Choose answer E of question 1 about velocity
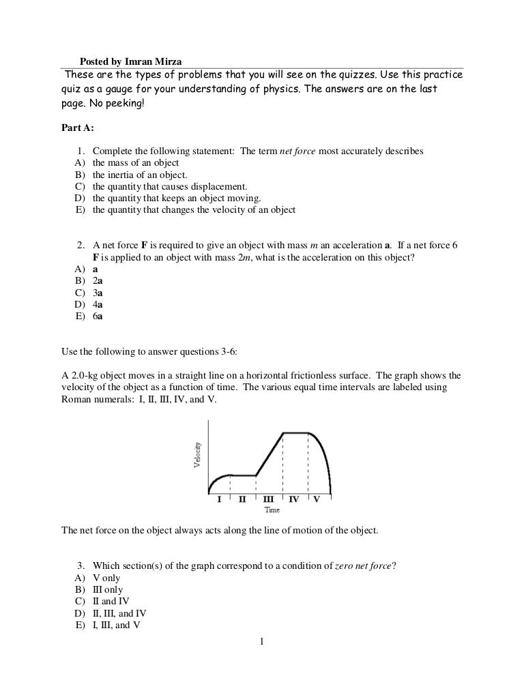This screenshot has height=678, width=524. pos(194,210)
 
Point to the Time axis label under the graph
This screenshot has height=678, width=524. pos(272,510)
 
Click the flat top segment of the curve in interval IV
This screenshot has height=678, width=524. pos(295,432)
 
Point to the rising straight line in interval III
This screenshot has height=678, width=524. pos(270,454)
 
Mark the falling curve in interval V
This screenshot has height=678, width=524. pos(324,457)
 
